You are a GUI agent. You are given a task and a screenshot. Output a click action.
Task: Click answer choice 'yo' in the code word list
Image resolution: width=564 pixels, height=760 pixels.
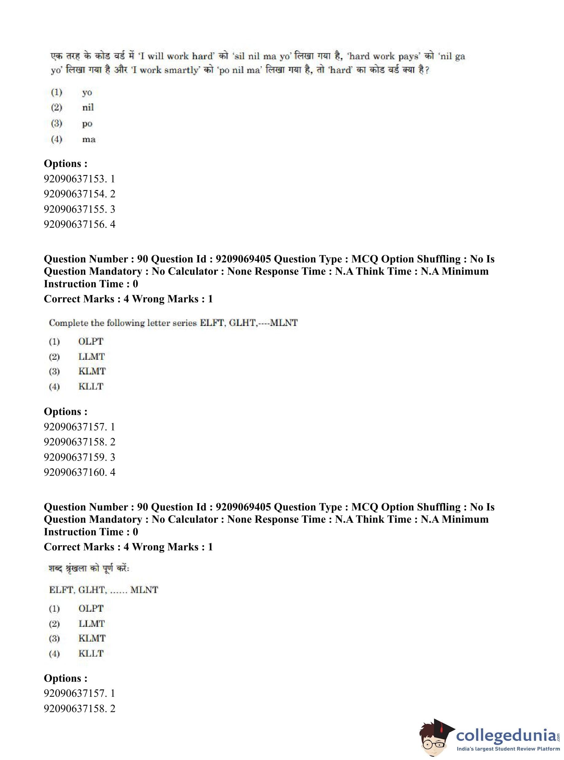pos(87,92)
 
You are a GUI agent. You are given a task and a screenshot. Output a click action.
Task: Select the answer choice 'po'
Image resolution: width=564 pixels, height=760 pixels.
pos(87,123)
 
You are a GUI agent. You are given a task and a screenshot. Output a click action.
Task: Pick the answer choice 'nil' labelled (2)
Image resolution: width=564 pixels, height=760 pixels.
pos(88,107)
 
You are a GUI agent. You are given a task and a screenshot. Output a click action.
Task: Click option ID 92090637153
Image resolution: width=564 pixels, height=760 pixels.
pos(79,179)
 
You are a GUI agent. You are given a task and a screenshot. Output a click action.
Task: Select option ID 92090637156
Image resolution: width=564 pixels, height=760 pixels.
pos(79,224)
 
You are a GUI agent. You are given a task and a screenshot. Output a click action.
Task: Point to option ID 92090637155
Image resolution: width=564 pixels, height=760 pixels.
pos(79,209)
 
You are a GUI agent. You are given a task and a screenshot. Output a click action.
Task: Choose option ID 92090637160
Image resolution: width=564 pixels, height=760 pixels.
pos(79,472)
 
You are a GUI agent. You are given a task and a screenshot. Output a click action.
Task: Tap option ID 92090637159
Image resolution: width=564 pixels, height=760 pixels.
pos(79,457)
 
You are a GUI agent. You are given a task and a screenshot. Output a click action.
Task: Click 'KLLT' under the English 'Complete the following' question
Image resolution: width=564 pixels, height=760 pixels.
pos(91,386)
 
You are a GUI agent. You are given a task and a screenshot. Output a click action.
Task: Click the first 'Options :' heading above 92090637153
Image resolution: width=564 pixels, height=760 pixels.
pos(65,163)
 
